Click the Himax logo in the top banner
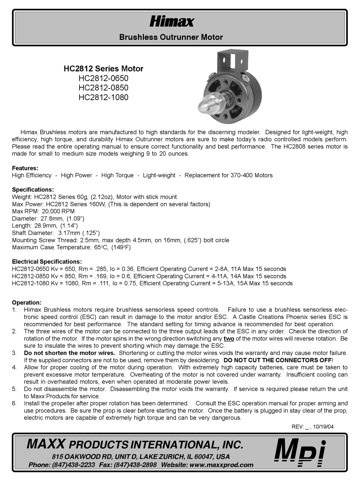tap(172, 22)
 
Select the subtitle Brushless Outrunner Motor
tap(171, 37)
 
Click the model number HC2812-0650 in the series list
tap(103, 79)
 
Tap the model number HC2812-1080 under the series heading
tap(103, 97)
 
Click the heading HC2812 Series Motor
tap(103, 69)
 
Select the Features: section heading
tap(25, 168)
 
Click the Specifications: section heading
tap(33, 190)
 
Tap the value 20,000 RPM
tap(58, 211)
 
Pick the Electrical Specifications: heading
tap(47, 262)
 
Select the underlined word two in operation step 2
tap(229, 338)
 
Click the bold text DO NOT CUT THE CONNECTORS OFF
tap(278, 360)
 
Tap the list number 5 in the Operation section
tap(14, 389)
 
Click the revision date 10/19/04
tap(324, 426)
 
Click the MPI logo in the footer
tap(300, 453)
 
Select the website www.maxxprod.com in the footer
tap(221, 465)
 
